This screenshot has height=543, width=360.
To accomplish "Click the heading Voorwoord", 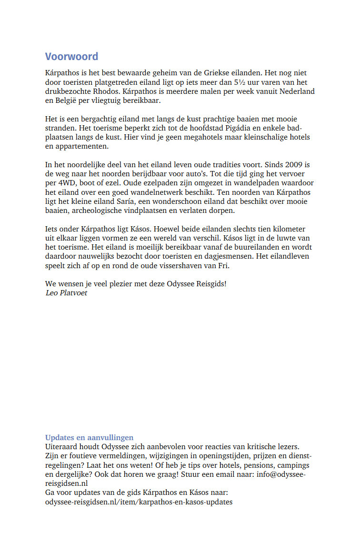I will click(71, 57).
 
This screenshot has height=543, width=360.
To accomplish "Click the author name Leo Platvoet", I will click(66, 292).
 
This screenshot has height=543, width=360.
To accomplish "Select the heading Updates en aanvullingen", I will click(90, 437).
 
